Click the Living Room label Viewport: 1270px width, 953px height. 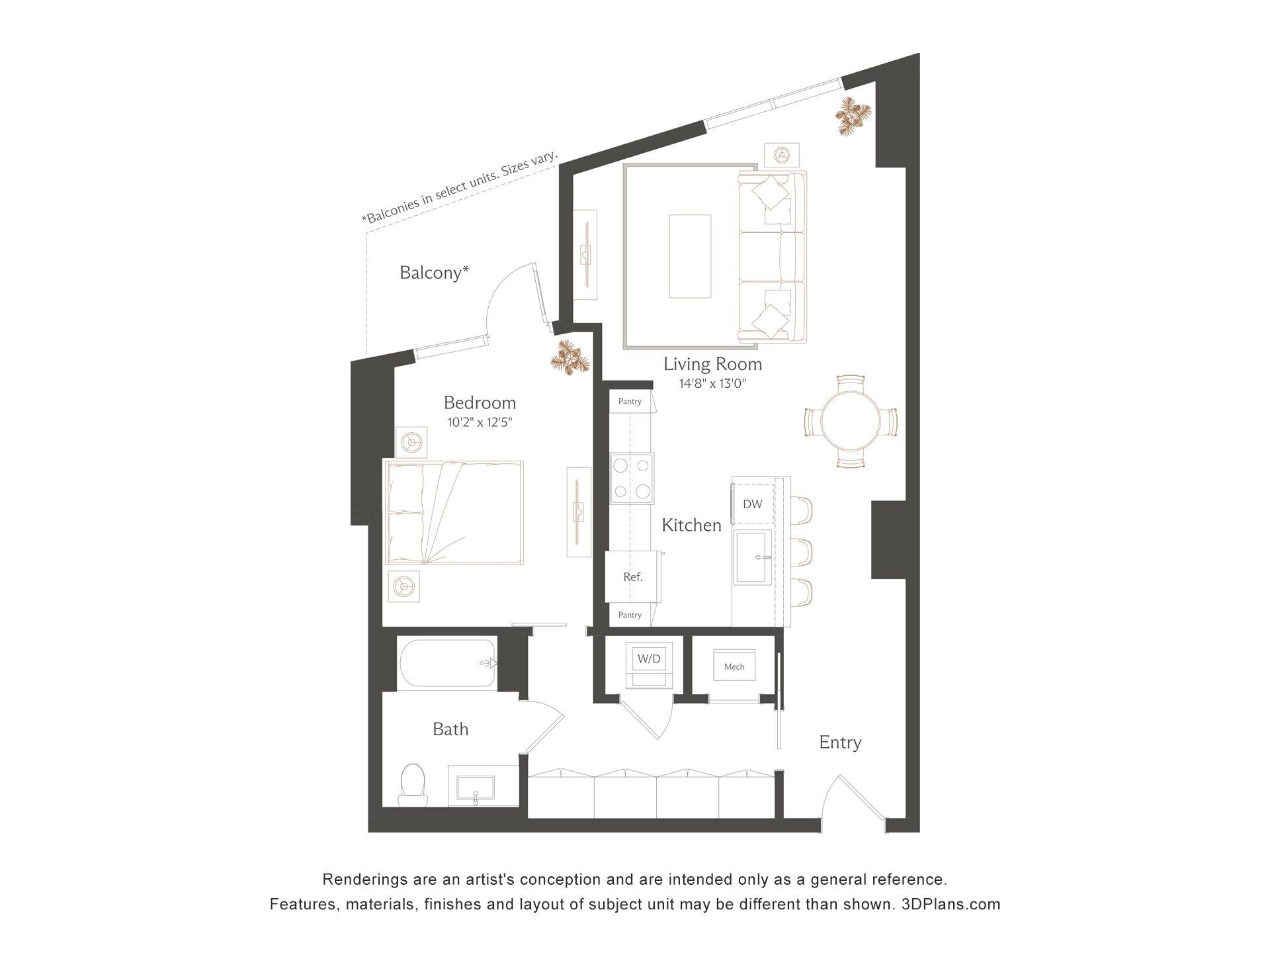pyautogui.click(x=712, y=364)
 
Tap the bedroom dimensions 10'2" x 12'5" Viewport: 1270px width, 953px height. pyautogui.click(x=480, y=422)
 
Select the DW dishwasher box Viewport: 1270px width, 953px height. pyautogui.click(x=752, y=504)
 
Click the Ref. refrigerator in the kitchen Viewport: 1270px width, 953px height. pyautogui.click(x=633, y=577)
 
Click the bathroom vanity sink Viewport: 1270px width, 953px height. pyautogui.click(x=476, y=788)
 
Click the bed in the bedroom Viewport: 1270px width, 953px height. pyautogui.click(x=454, y=513)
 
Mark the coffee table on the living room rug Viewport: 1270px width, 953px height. pyautogui.click(x=690, y=256)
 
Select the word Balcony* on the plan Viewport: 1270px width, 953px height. pyautogui.click(x=434, y=273)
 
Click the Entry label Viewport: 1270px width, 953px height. pyautogui.click(x=840, y=743)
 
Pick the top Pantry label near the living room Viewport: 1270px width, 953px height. pyautogui.click(x=630, y=402)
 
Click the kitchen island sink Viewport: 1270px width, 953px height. pyautogui.click(x=753, y=557)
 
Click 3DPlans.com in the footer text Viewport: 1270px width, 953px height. pyautogui.click(x=951, y=904)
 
